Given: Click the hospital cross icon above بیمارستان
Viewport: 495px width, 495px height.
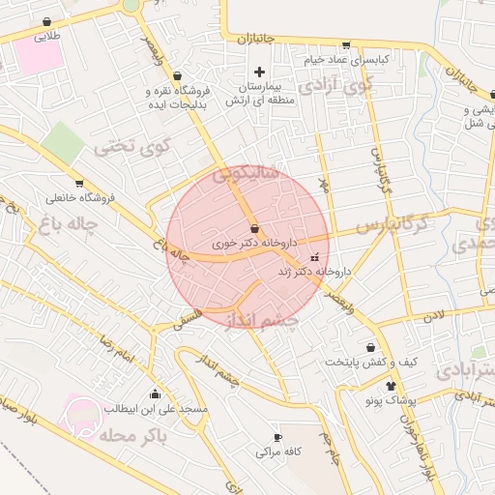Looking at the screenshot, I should coord(258,72).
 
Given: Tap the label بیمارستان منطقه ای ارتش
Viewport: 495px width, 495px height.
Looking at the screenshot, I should coord(258,93).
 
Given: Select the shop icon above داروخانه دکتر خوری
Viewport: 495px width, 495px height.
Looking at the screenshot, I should coord(254,229).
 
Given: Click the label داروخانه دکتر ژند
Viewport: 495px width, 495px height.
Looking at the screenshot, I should coord(318,273).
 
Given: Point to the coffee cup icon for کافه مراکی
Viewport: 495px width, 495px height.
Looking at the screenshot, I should coord(278,437).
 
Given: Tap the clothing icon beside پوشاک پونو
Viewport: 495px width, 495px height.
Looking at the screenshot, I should coord(391,385).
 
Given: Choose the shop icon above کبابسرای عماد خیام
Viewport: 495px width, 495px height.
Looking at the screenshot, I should coord(346,44).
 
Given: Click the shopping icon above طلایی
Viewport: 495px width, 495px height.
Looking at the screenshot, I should coord(46,22).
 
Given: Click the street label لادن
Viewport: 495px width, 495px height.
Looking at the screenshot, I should coord(431,315).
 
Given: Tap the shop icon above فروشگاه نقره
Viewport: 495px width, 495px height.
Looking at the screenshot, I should coord(177,76).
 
